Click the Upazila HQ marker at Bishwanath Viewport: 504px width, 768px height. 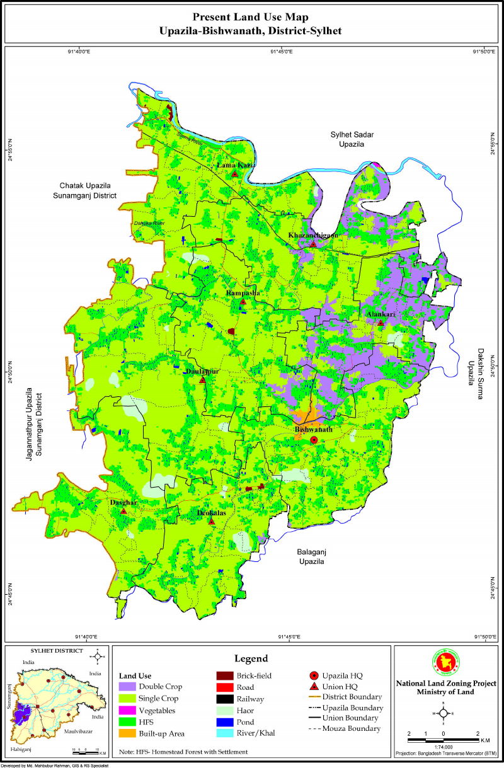point(314,440)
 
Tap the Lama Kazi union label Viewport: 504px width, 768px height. point(234,165)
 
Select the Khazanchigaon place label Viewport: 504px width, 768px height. point(313,235)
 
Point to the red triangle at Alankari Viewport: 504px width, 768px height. point(381,323)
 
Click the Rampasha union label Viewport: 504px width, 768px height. point(243,294)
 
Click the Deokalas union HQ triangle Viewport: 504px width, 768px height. point(213,522)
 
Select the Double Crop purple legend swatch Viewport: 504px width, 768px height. point(127,686)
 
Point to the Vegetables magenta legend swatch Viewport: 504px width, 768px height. point(127,709)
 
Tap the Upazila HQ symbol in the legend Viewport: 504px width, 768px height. point(314,675)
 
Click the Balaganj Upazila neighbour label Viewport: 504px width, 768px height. point(311,556)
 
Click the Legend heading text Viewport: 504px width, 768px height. point(251,658)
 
